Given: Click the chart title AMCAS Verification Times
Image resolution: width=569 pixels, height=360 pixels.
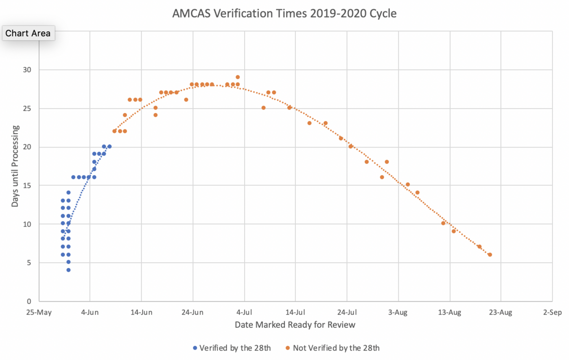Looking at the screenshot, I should (284, 14).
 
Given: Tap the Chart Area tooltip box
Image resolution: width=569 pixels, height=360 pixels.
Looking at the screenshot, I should (28, 34).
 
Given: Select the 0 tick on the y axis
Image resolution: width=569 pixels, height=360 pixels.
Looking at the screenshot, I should (29, 301).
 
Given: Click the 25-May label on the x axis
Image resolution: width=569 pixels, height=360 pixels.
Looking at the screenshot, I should (38, 313).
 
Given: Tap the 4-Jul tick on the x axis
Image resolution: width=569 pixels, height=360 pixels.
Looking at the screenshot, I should (244, 313).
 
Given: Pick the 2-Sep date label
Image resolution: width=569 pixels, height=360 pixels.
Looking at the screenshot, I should (552, 313).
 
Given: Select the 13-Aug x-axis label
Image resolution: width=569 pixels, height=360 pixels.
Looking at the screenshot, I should (449, 313).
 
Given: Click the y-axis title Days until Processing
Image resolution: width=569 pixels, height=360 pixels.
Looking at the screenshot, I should (16, 166).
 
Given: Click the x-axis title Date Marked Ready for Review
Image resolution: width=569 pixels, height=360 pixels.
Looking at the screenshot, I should (295, 325).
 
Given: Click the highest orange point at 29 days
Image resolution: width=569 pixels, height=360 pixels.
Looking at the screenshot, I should (238, 77).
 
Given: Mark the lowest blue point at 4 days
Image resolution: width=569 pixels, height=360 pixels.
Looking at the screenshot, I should (68, 270).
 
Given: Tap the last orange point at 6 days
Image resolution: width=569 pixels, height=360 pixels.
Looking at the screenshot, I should (490, 255).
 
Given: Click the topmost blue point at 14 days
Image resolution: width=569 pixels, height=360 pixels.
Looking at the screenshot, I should (68, 193).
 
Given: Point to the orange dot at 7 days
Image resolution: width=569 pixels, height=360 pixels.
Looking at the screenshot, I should (479, 247).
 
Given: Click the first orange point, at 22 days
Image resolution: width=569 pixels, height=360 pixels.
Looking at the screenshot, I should (114, 131).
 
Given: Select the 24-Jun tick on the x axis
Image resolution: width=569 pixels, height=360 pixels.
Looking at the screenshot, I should (193, 313).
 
